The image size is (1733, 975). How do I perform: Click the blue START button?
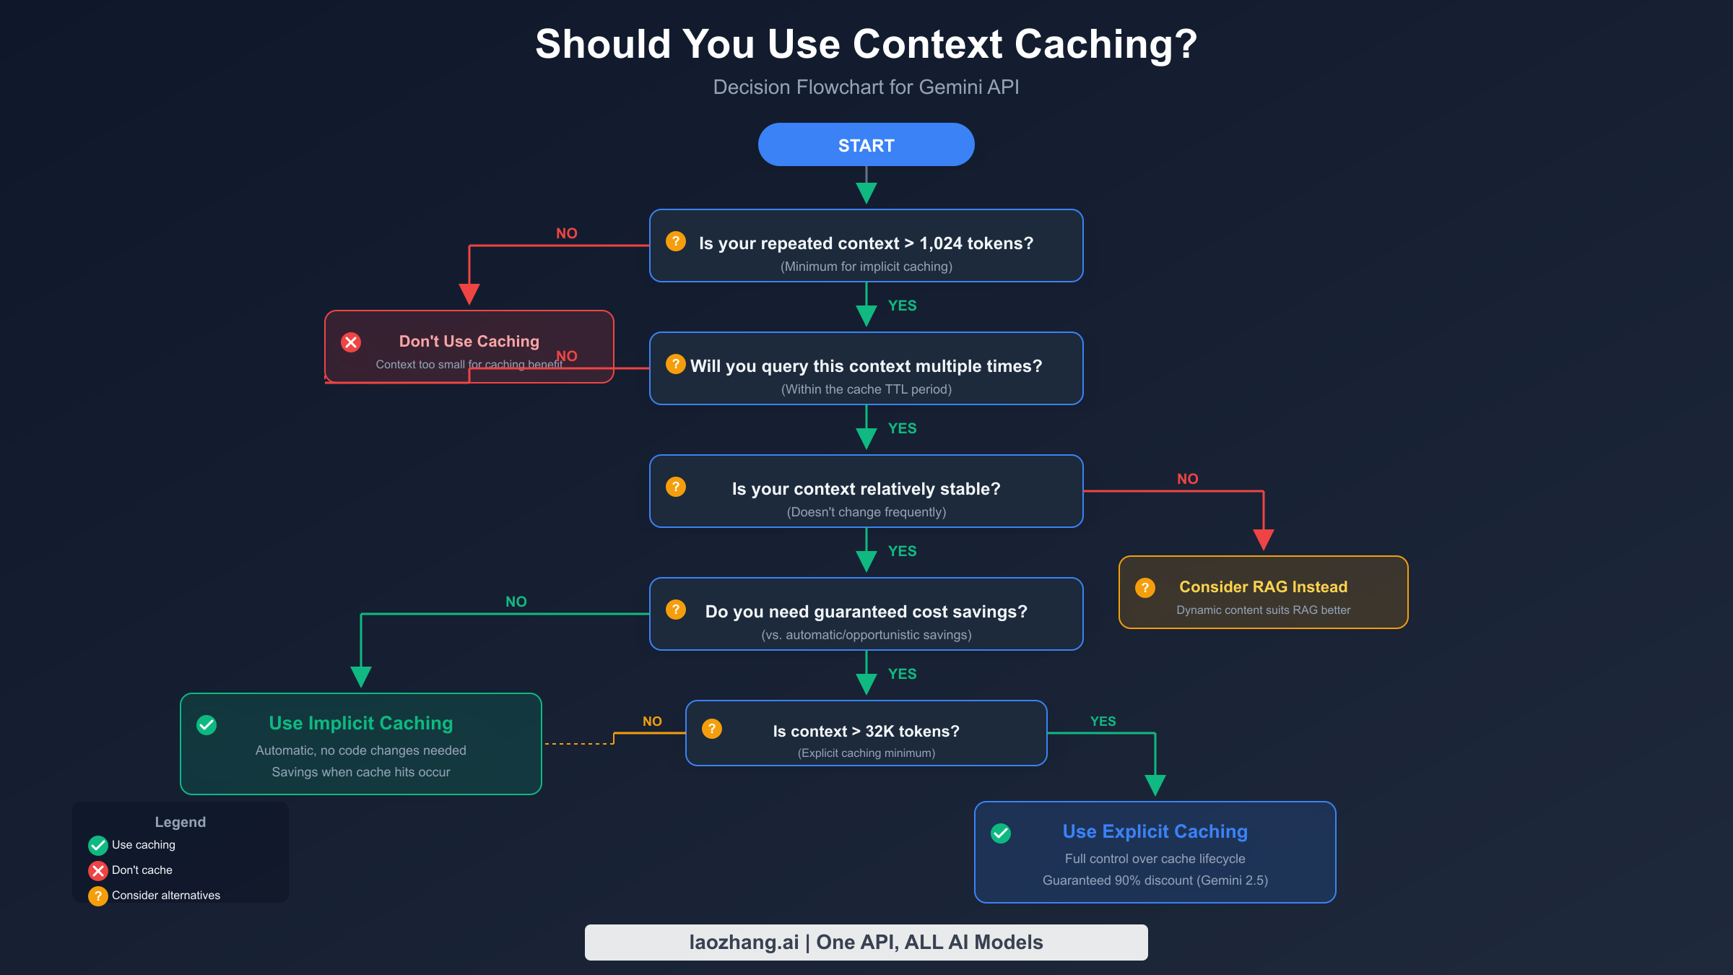tap(866, 145)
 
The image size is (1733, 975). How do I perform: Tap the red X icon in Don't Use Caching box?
tap(351, 342)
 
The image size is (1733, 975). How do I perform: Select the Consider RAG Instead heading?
tap(1263, 587)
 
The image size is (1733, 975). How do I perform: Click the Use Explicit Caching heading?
tap(1155, 831)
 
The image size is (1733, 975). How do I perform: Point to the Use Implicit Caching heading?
tap(360, 723)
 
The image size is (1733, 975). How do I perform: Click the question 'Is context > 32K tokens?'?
tap(866, 732)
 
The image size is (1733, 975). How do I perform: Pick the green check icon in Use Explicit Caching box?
tap(1001, 833)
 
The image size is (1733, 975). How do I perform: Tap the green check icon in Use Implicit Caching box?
tap(207, 725)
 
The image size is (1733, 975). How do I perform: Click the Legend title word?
tap(180, 822)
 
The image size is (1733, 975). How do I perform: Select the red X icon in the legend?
tap(98, 870)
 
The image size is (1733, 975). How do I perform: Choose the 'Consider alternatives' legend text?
tap(165, 896)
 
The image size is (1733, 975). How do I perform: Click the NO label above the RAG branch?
tap(1187, 479)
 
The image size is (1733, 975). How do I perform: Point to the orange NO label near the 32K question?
tap(652, 721)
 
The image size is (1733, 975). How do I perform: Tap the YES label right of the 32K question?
tap(1103, 721)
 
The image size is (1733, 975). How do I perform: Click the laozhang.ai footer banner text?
tap(866, 942)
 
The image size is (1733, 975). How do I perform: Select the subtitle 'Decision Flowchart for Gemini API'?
tap(866, 87)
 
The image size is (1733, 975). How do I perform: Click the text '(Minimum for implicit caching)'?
tap(866, 266)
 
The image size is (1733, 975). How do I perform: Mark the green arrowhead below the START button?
tap(866, 193)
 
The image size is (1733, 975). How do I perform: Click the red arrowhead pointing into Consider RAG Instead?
tap(1263, 539)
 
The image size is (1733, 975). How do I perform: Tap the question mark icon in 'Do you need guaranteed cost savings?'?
tap(676, 610)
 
